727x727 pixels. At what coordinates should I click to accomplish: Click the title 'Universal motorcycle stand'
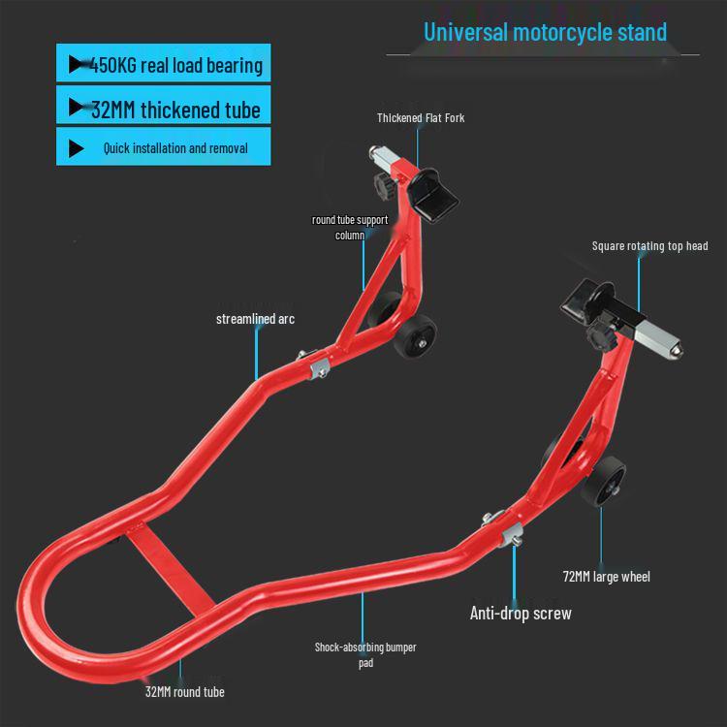[x=545, y=32]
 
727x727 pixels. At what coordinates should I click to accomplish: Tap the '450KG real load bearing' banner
[x=163, y=63]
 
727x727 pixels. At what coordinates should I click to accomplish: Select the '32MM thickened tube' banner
[x=163, y=105]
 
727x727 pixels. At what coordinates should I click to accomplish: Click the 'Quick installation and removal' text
[x=175, y=148]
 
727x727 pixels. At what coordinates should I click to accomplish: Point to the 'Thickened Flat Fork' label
[x=421, y=117]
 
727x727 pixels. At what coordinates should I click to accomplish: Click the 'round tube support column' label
[x=350, y=227]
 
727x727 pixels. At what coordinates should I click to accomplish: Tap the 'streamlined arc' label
[x=255, y=319]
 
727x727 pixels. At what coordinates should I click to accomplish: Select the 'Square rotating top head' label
[x=649, y=246]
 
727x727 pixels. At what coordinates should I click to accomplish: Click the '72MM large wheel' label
[x=606, y=577]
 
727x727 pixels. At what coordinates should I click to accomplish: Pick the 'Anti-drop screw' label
[x=521, y=613]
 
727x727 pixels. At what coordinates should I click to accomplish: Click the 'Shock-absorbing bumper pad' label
[x=365, y=654]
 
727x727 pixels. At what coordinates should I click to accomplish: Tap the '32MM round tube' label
[x=184, y=692]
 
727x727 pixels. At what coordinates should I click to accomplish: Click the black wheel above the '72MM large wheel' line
[x=603, y=481]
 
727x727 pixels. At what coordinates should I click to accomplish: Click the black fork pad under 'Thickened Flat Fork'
[x=432, y=195]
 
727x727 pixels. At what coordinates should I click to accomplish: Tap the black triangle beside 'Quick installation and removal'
[x=76, y=148]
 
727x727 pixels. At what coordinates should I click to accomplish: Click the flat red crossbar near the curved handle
[x=171, y=567]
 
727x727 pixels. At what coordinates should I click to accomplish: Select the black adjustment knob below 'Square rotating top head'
[x=601, y=334]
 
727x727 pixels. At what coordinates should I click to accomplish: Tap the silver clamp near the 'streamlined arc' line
[x=319, y=368]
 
